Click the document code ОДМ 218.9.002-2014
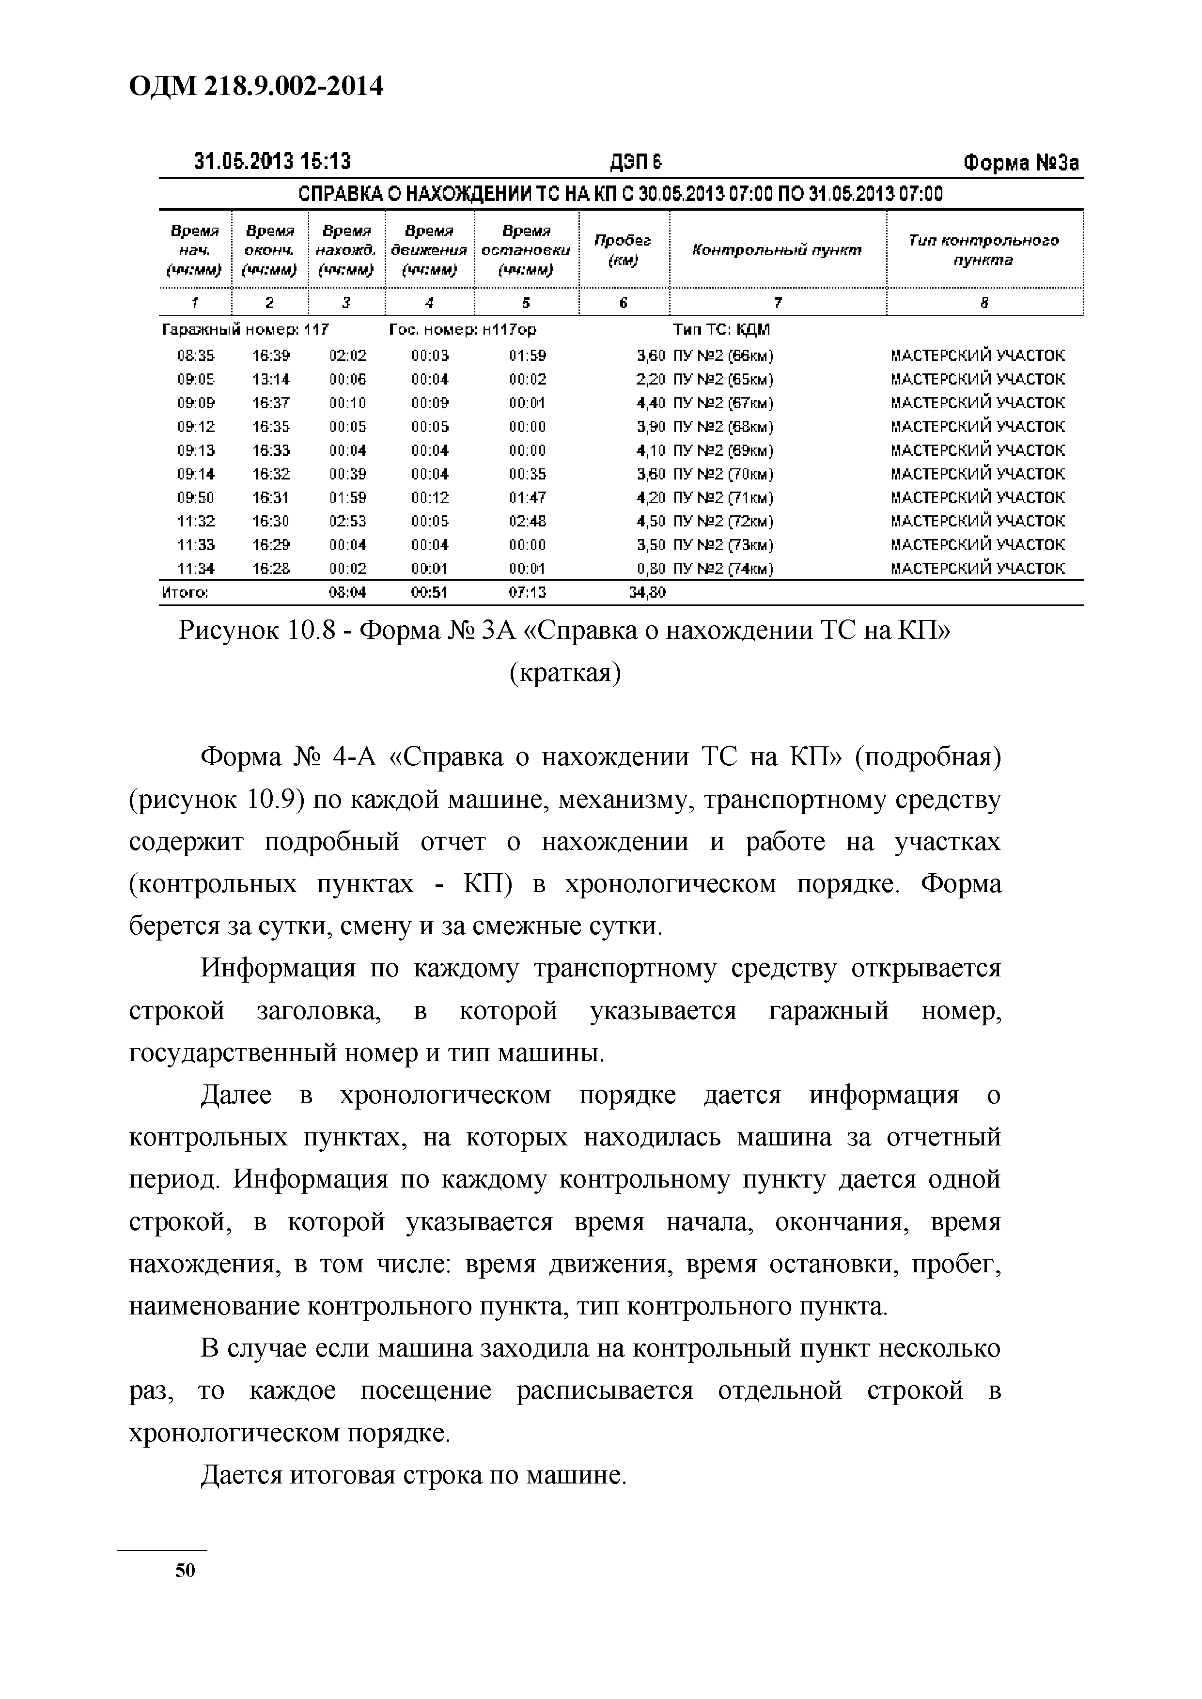256,87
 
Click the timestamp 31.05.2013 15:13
272,161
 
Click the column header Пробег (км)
623,250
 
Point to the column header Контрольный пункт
777,250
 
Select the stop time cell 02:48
527,522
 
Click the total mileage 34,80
646,592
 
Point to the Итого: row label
184,592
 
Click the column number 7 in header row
777,302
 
